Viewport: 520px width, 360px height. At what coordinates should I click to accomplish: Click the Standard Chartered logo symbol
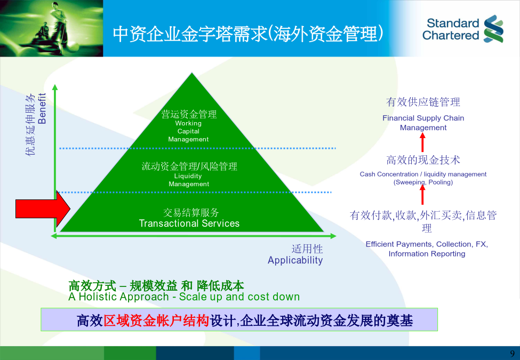click(493, 29)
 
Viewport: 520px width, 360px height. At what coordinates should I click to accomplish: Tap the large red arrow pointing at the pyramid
click(43, 209)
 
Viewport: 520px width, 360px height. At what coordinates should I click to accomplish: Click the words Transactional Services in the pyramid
click(189, 223)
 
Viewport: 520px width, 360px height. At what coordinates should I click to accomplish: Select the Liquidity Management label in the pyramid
click(189, 180)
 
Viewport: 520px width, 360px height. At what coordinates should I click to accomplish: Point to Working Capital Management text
click(188, 131)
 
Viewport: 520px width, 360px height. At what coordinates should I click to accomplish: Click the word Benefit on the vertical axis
click(42, 108)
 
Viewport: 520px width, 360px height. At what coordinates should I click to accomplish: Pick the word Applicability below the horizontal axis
click(295, 260)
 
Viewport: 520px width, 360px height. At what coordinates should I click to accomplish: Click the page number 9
click(513, 354)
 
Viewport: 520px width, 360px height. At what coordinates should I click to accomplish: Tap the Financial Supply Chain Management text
click(423, 123)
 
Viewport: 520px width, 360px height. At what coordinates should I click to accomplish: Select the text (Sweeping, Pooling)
click(423, 182)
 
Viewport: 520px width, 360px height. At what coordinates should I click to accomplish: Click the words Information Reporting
click(427, 253)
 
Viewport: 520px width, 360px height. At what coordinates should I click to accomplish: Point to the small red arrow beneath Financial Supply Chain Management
click(422, 142)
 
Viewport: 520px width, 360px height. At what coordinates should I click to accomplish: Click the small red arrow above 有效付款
click(422, 195)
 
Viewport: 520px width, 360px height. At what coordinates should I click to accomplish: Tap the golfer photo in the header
click(51, 28)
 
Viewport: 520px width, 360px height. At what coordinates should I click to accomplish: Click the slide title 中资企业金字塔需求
click(189, 34)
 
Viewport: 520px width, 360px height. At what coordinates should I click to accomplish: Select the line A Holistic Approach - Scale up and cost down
click(184, 297)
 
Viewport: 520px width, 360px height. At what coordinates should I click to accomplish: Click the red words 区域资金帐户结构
click(156, 321)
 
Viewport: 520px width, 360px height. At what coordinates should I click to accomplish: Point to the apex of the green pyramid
click(191, 73)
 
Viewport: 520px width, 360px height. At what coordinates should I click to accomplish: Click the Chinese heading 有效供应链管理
click(423, 102)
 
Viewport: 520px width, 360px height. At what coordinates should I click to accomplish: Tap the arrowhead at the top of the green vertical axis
click(55, 87)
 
